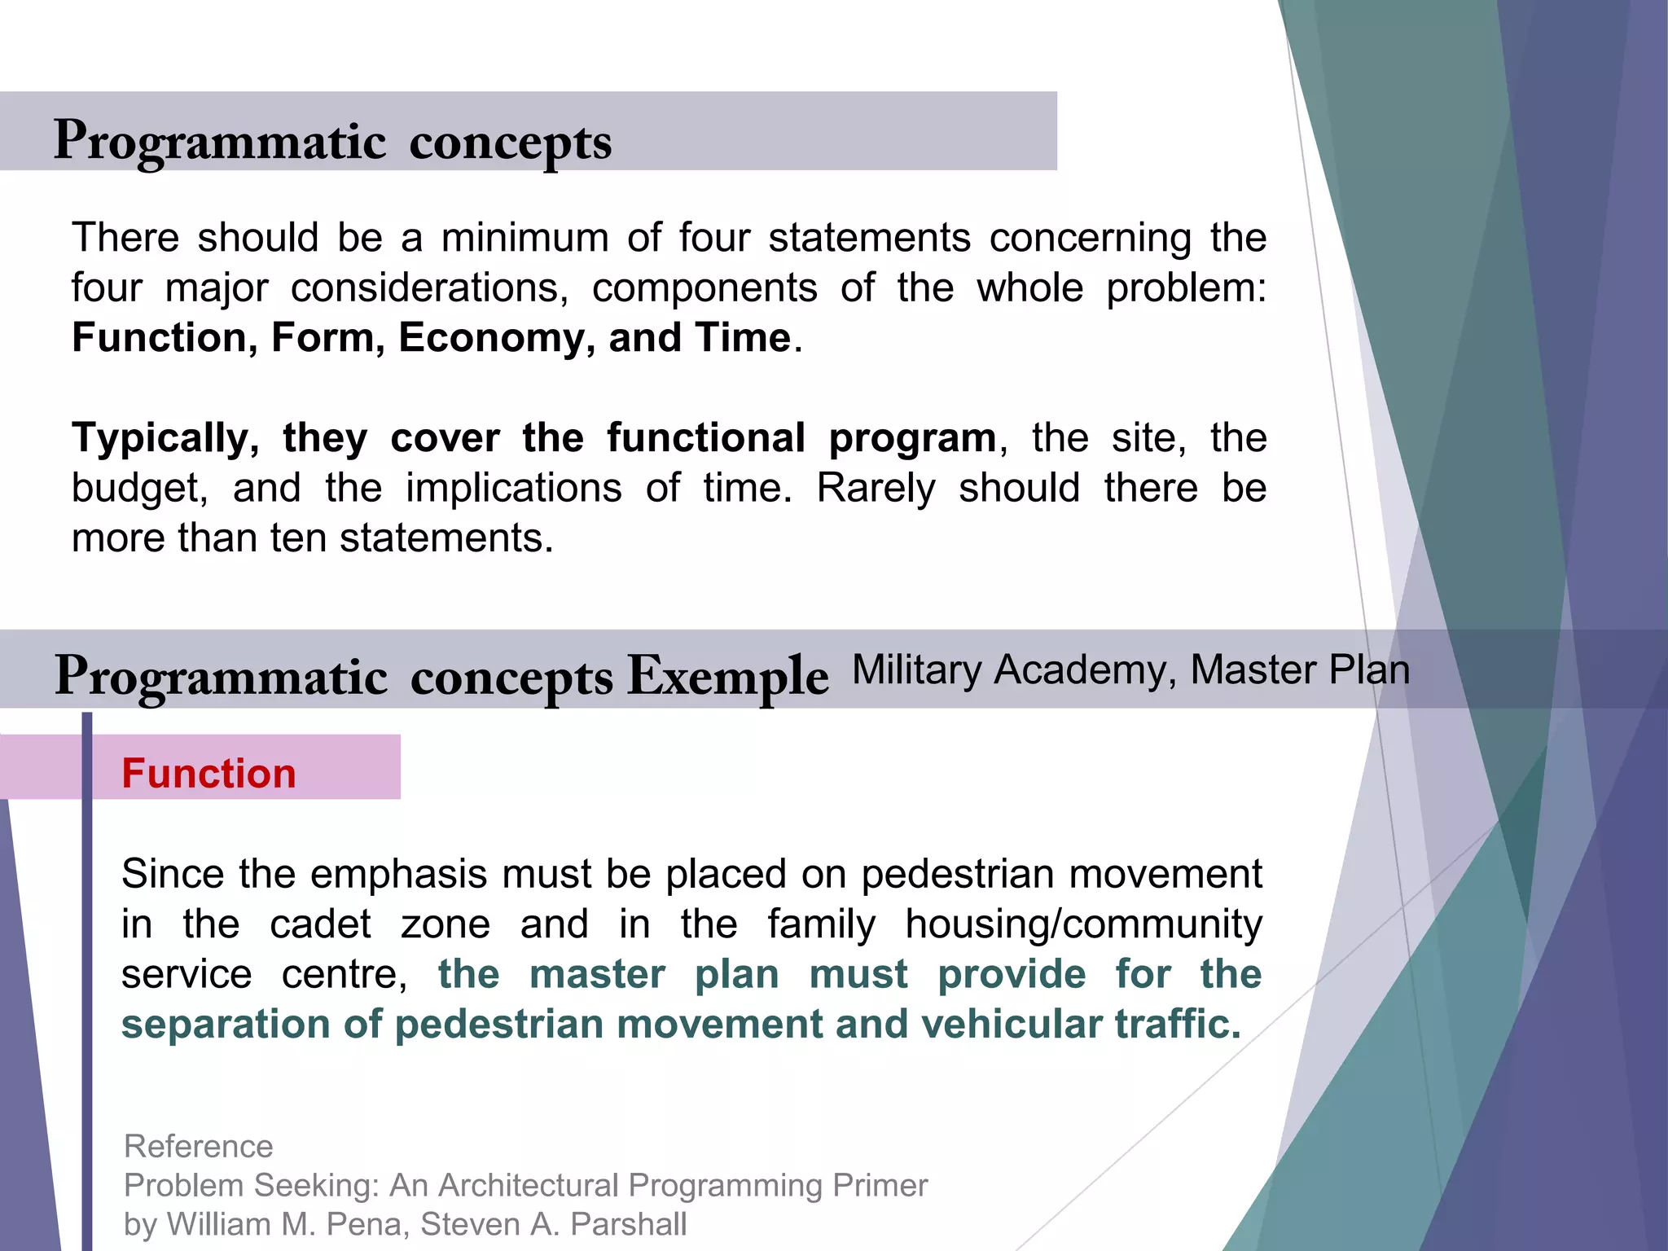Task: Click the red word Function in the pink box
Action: [208, 773]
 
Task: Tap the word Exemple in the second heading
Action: [727, 677]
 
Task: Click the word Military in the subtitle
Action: [916, 669]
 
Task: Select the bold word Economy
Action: [496, 337]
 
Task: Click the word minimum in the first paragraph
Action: [525, 238]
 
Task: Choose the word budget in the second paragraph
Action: [139, 489]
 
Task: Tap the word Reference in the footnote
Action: [198, 1146]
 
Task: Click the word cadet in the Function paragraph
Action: [320, 924]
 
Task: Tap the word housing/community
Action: [1083, 924]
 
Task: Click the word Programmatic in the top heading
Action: [220, 142]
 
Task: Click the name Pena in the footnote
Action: [367, 1224]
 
